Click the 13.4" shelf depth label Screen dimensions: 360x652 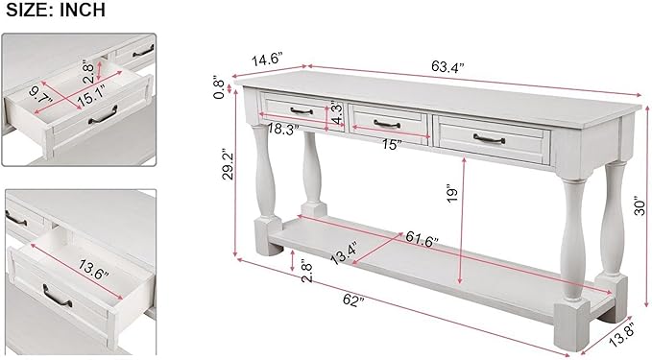(x=345, y=255)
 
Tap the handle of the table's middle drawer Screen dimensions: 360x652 (x=388, y=122)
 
